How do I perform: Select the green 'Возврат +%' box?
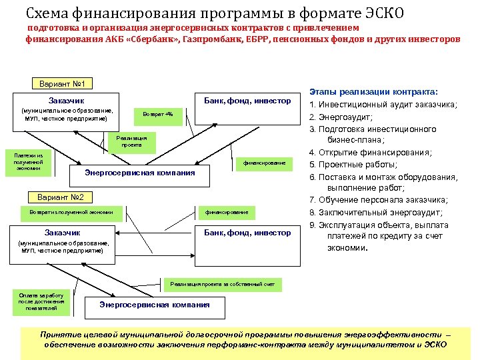(158, 114)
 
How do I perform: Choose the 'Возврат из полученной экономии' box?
(67, 212)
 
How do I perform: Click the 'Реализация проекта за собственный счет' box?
(222, 284)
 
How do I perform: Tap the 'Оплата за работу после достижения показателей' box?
(41, 301)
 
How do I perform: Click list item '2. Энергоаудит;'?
(346, 117)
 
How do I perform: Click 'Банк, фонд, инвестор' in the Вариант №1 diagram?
(247, 101)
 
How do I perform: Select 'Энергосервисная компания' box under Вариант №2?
(154, 305)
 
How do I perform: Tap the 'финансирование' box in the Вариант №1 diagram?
(264, 163)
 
